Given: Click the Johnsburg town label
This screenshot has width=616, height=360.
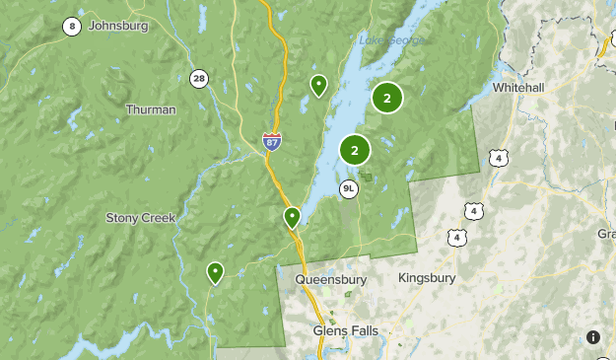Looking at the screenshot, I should coord(118,26).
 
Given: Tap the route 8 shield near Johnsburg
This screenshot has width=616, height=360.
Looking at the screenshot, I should coord(71,27).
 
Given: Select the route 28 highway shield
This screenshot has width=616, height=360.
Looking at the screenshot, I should coord(200,78).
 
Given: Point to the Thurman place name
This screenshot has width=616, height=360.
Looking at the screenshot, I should coord(151,109).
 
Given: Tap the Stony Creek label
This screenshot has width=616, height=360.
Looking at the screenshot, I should coord(139,217).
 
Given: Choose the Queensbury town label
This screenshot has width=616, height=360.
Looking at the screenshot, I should coord(330,279).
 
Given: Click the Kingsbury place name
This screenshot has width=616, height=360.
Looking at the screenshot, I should coord(427,278).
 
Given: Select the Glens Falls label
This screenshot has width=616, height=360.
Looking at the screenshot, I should coord(345,330).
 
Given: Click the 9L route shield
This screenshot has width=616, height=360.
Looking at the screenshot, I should coord(348,188).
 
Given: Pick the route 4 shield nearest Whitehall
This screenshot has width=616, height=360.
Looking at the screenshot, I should coord(501,158).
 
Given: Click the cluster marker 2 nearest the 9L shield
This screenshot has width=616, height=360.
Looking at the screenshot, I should coord(355,150).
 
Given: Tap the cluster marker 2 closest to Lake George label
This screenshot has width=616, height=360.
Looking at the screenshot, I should coord(387,98).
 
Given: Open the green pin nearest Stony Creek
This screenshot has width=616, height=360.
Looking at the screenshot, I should coord(215,272).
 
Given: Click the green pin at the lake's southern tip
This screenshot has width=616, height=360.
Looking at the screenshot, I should coord(292,217).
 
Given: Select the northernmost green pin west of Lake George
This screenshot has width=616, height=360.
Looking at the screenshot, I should coord(318,86).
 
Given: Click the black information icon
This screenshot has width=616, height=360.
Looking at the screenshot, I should coord(593,337).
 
